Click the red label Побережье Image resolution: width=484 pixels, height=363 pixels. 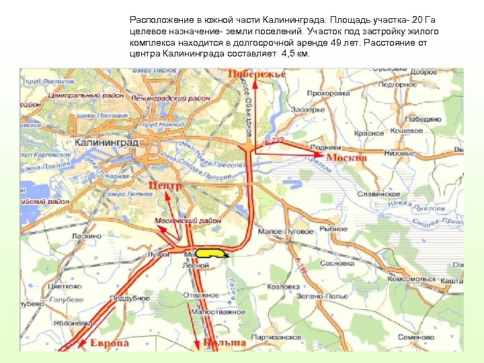[x=257, y=74]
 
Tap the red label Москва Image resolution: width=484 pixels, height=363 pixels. [x=346, y=158]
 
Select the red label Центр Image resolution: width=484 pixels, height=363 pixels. [x=165, y=185]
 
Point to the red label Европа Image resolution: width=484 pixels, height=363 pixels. [x=110, y=344]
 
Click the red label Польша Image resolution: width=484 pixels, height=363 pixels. [x=225, y=344]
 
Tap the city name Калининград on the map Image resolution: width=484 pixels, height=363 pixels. [x=107, y=143]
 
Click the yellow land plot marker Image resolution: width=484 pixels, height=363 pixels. [x=212, y=253]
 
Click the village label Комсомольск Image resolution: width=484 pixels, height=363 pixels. [x=412, y=278]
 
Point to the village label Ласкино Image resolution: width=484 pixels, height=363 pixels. [x=87, y=237]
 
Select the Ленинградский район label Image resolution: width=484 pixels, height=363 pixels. [x=171, y=98]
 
